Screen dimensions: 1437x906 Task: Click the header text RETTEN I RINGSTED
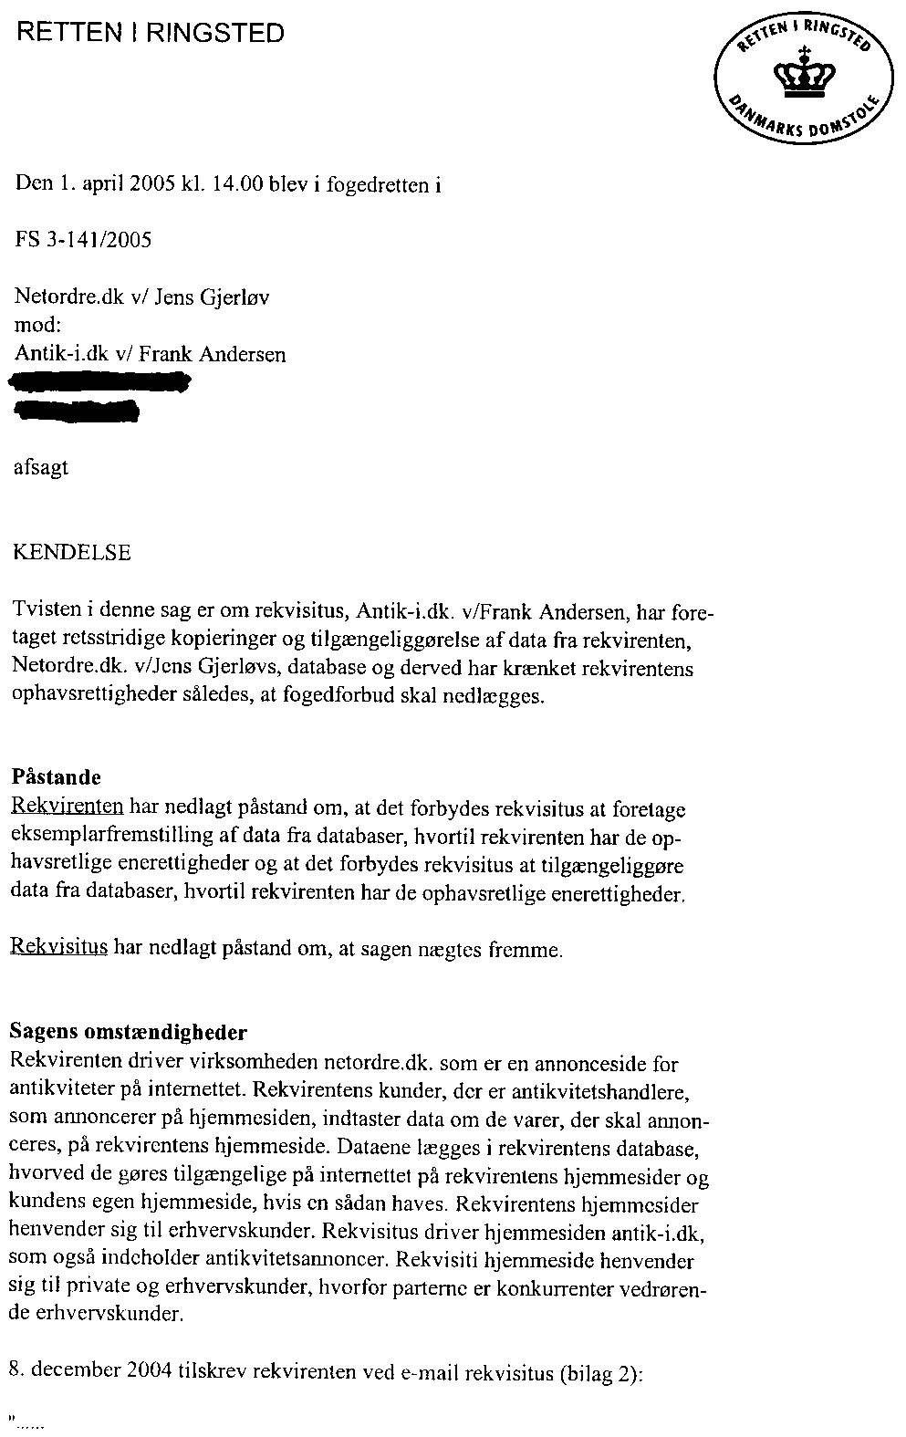tap(151, 35)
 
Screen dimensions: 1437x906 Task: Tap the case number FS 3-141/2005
tap(83, 240)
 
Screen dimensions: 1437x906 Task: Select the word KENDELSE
tap(73, 553)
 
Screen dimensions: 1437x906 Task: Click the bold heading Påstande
tap(56, 777)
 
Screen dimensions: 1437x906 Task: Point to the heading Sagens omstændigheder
tap(128, 1033)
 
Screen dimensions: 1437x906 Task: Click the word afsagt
tap(41, 468)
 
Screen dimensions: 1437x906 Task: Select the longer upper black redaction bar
tap(100, 383)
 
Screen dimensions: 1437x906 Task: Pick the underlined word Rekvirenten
tap(67, 807)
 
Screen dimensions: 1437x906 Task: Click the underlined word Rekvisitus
tap(59, 949)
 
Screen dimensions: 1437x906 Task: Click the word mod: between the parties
tap(38, 326)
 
